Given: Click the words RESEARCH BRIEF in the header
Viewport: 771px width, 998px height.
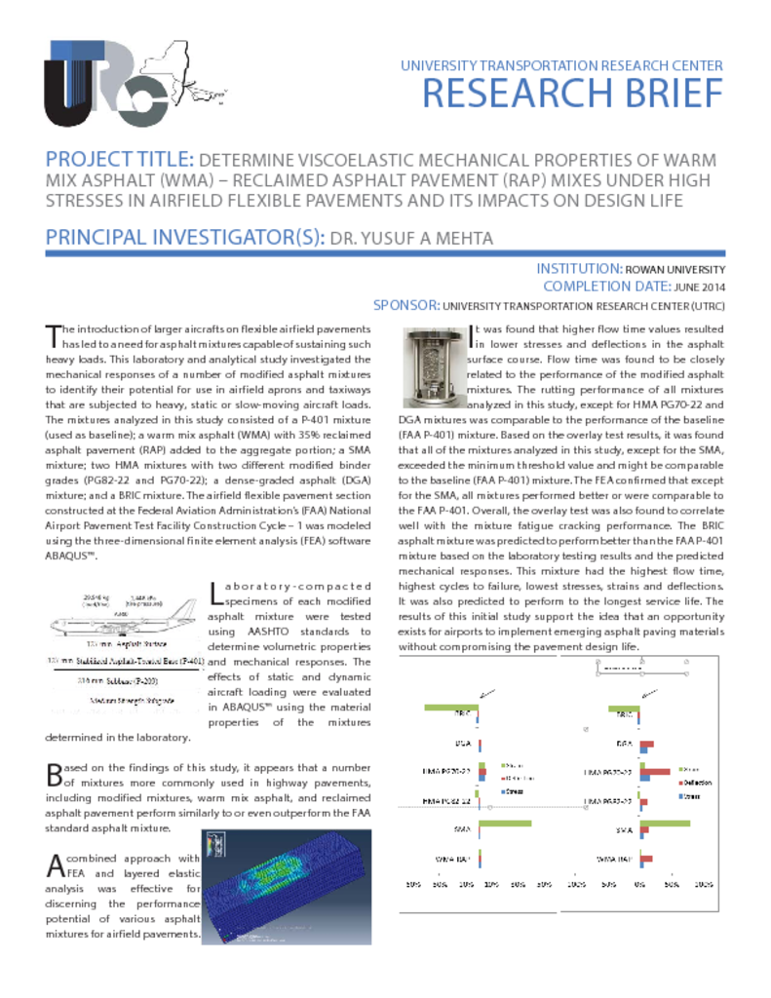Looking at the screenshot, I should (572, 94).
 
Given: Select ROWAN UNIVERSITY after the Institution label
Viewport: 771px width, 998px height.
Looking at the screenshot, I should (675, 269).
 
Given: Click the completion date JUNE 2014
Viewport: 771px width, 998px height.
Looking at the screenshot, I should (699, 287).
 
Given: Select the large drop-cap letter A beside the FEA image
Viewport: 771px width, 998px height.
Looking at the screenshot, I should (56, 864).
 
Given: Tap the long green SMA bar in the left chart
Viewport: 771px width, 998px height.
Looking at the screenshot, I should (507, 825).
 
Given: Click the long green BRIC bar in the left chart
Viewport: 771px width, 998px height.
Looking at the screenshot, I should (452, 707).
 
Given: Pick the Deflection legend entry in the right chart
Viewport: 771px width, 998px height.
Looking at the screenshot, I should (705, 783).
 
